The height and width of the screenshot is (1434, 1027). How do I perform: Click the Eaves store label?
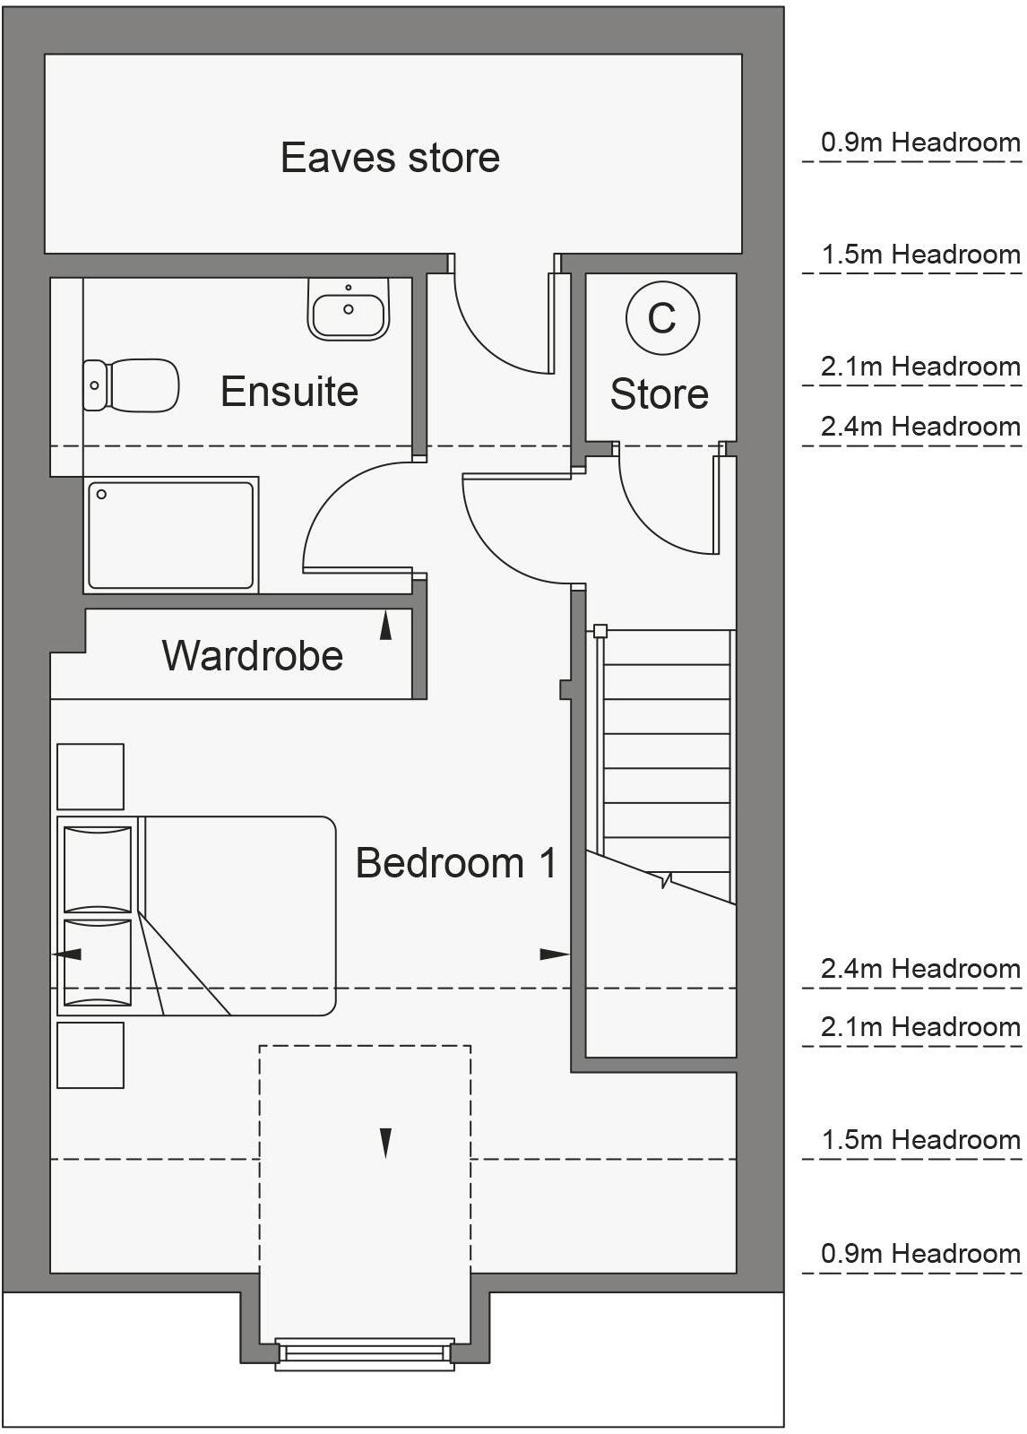click(390, 158)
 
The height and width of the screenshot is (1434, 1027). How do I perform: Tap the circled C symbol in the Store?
click(662, 317)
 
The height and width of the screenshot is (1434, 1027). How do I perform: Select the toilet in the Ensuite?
click(131, 385)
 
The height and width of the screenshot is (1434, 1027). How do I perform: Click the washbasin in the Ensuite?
click(349, 309)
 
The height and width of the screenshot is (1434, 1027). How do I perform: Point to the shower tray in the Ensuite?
click(171, 535)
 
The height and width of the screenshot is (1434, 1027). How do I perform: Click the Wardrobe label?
click(253, 655)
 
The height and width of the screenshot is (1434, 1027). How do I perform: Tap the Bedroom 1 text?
click(456, 863)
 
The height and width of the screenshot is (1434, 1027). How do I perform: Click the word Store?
click(660, 394)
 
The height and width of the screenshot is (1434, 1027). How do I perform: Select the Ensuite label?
click(289, 392)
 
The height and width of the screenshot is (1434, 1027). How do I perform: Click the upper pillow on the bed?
click(98, 868)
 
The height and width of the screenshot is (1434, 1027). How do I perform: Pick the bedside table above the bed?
click(91, 776)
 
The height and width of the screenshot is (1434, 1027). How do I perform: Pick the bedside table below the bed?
click(91, 1055)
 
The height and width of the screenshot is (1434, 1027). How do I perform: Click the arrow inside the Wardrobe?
click(386, 625)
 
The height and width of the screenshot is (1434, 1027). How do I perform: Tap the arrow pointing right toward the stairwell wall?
click(554, 955)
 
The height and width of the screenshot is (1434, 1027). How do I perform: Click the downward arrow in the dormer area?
click(386, 1143)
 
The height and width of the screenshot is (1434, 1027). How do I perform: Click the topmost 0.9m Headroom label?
click(920, 143)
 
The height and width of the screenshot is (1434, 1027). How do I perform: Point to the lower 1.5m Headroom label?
click(920, 1140)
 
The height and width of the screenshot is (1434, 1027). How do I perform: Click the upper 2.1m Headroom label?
click(920, 367)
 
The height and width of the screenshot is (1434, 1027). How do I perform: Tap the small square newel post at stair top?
click(600, 631)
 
